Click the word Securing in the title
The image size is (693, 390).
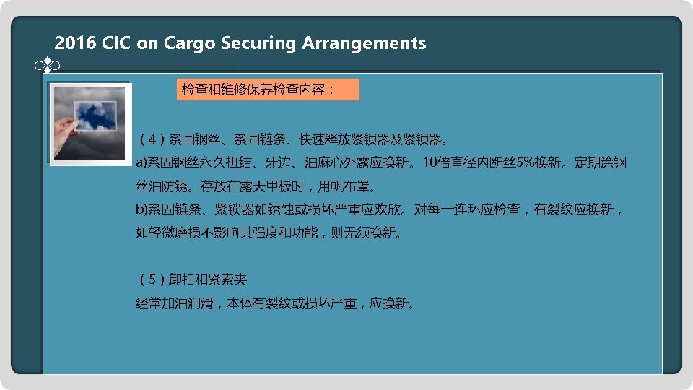click(258, 43)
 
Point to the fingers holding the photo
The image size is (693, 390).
click(69, 132)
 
